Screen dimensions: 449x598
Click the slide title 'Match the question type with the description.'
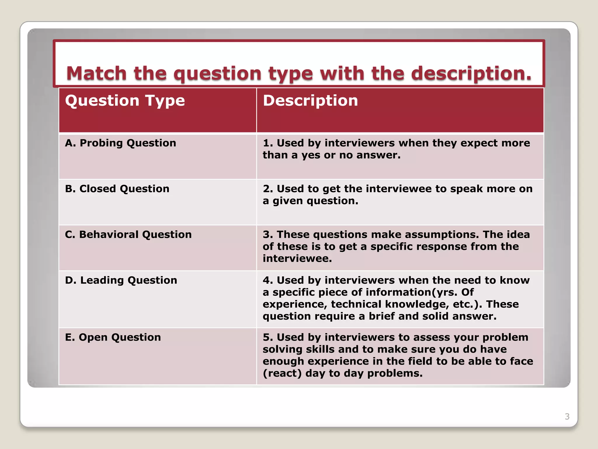point(299,73)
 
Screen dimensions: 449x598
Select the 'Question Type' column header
point(125,101)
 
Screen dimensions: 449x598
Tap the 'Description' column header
point(310,101)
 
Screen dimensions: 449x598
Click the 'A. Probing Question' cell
point(121,143)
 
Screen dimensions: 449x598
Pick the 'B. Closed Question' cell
point(117,189)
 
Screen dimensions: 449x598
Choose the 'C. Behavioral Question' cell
point(128,234)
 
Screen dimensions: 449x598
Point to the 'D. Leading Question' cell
point(121,280)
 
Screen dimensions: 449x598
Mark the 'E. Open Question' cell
point(113,337)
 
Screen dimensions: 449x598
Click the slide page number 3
point(567,416)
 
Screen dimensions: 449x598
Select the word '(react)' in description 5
point(282,373)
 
